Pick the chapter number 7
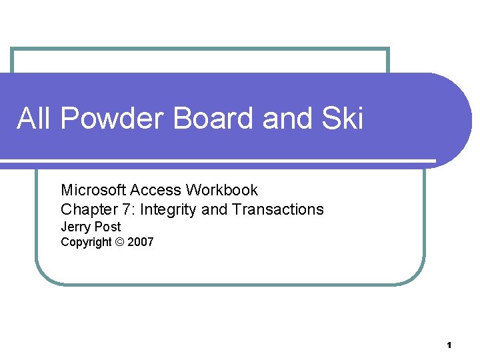pyautogui.click(x=125, y=209)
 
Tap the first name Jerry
pyautogui.click(x=75, y=227)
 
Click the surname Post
pyautogui.click(x=107, y=227)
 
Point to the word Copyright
pyautogui.click(x=86, y=242)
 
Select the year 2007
pyautogui.click(x=141, y=242)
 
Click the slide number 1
pyautogui.click(x=449, y=345)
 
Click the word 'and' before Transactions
pyautogui.click(x=214, y=209)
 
